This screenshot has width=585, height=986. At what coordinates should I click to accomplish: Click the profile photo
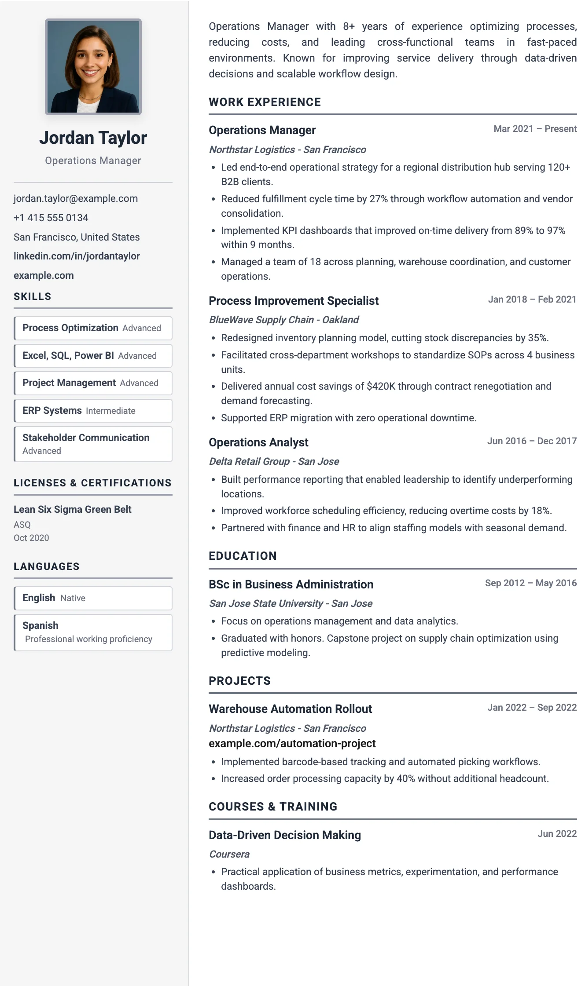click(x=93, y=67)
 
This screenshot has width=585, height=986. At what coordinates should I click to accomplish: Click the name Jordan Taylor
click(x=93, y=138)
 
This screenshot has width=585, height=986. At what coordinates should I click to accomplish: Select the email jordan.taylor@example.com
click(x=76, y=199)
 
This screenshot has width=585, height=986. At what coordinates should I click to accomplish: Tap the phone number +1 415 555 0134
click(x=51, y=218)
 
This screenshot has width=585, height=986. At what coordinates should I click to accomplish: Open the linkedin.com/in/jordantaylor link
click(x=77, y=256)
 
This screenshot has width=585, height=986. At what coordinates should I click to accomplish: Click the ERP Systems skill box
click(x=93, y=411)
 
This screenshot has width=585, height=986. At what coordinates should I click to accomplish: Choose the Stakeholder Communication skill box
click(x=93, y=444)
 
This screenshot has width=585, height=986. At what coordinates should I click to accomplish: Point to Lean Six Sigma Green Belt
click(x=73, y=510)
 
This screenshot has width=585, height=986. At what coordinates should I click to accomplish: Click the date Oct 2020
click(x=31, y=538)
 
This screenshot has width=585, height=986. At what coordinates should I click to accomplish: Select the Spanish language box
click(x=93, y=632)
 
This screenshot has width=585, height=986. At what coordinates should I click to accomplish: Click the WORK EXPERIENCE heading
click(x=265, y=102)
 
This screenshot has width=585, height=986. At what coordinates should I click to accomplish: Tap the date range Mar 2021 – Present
click(x=535, y=129)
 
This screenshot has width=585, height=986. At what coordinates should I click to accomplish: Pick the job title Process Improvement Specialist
click(x=294, y=301)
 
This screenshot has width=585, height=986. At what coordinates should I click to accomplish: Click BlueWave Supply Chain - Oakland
click(x=284, y=320)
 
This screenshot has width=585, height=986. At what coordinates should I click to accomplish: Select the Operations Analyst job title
click(x=258, y=443)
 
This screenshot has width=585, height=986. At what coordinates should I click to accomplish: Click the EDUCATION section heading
click(x=243, y=556)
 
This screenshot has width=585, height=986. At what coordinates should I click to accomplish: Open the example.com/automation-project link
click(x=292, y=744)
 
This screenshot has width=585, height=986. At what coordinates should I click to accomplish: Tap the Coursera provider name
click(x=229, y=855)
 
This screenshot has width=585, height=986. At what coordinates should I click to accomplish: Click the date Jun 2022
click(x=557, y=834)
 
